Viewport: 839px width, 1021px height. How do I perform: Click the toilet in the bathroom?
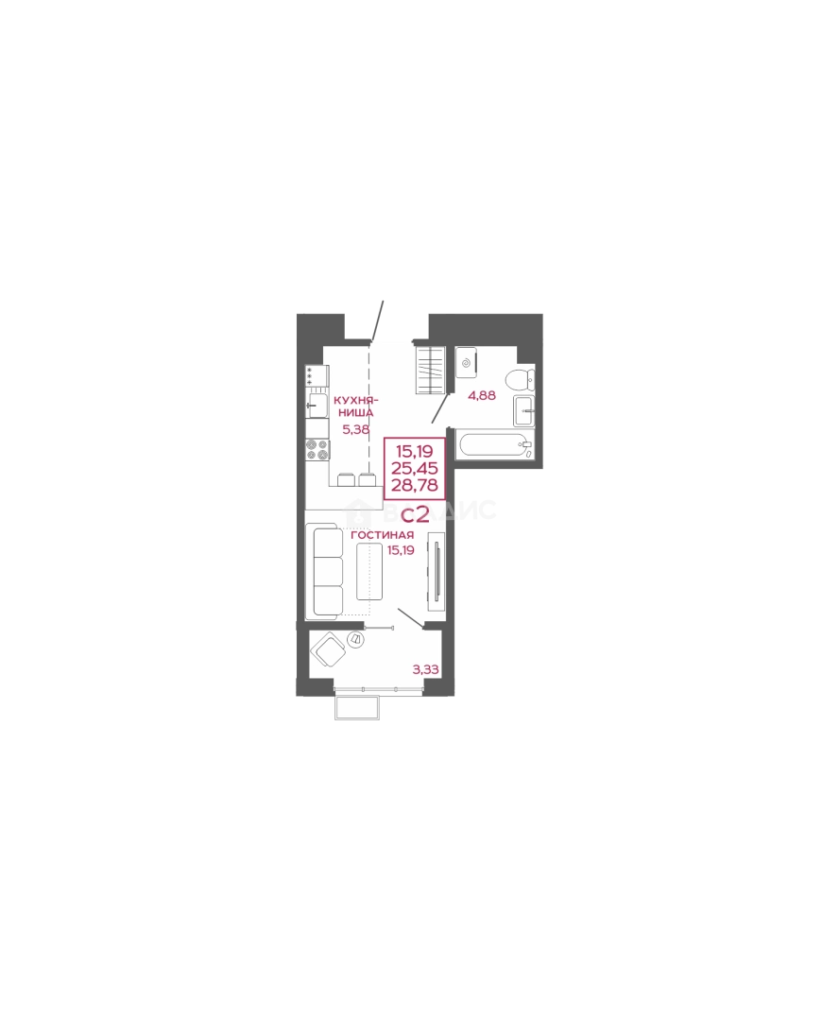(519, 380)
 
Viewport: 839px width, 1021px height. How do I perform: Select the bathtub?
(495, 444)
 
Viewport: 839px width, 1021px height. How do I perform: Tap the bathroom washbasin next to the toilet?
(524, 411)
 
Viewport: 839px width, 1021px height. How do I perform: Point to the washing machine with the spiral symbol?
(467, 361)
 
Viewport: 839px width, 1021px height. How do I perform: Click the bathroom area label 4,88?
(482, 395)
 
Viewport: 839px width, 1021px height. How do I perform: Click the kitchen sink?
(315, 407)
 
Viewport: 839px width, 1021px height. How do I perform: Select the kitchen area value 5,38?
(355, 428)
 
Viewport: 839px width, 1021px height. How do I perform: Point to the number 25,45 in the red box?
(415, 468)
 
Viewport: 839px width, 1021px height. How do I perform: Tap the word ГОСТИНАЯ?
(382, 535)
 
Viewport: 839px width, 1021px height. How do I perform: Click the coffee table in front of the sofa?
(368, 572)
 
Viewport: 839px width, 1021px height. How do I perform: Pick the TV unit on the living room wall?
(435, 567)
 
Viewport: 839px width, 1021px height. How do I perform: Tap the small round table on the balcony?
(356, 640)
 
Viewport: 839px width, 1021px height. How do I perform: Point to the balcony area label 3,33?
(426, 669)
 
